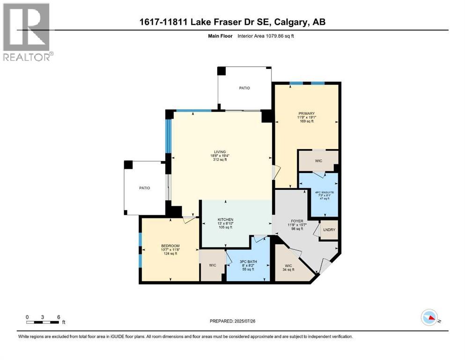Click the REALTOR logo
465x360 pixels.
point(28,32)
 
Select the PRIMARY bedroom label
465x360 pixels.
point(306,113)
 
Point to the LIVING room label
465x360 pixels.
point(220,152)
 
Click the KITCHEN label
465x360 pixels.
point(225,220)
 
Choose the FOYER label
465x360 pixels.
point(297,221)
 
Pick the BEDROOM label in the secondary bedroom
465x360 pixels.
point(170,246)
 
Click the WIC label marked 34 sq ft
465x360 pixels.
point(288,266)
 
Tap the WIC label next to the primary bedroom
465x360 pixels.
point(319,161)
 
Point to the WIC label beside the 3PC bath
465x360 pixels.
point(212,265)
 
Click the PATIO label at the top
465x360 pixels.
point(244,88)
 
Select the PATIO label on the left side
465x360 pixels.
point(144,188)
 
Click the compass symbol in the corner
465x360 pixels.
point(429,318)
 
